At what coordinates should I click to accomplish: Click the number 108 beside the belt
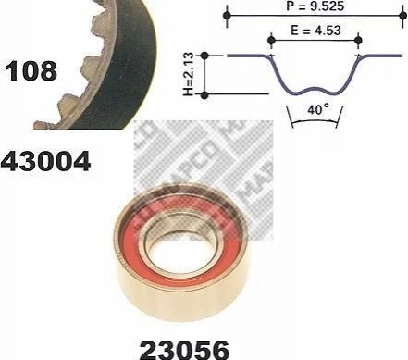[x=31, y=71]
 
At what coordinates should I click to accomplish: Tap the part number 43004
[x=45, y=161]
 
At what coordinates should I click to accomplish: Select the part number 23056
[x=184, y=350]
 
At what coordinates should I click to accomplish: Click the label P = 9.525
[x=315, y=6]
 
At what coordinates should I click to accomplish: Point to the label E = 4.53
[x=315, y=31]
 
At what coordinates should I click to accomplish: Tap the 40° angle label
[x=318, y=109]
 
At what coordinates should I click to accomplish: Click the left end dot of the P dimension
[x=227, y=15]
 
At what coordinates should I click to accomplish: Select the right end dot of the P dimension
[x=402, y=15]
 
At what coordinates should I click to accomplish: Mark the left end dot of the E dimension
[x=271, y=40]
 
